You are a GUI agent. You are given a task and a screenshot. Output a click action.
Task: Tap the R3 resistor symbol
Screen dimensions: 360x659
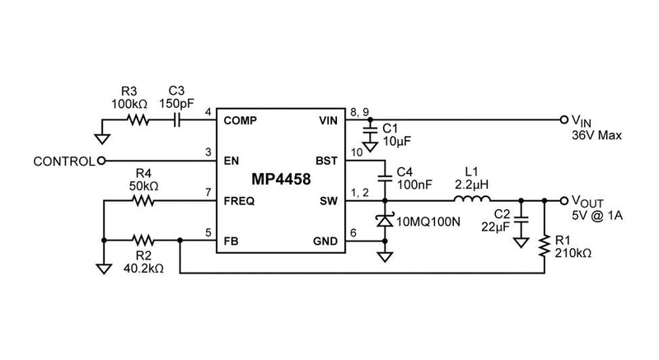pyautogui.click(x=137, y=119)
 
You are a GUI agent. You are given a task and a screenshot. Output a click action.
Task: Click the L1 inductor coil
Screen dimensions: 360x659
pyautogui.click(x=473, y=199)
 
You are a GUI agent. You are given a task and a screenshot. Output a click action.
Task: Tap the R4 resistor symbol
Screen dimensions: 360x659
pyautogui.click(x=145, y=199)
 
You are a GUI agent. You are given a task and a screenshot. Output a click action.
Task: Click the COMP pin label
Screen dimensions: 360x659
pyautogui.click(x=241, y=120)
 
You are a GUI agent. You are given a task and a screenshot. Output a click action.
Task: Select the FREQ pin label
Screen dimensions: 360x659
pyautogui.click(x=239, y=200)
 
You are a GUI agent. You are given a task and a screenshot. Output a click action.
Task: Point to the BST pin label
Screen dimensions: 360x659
pyautogui.click(x=328, y=161)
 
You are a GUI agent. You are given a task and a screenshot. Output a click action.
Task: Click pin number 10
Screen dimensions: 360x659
pyautogui.click(x=356, y=152)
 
